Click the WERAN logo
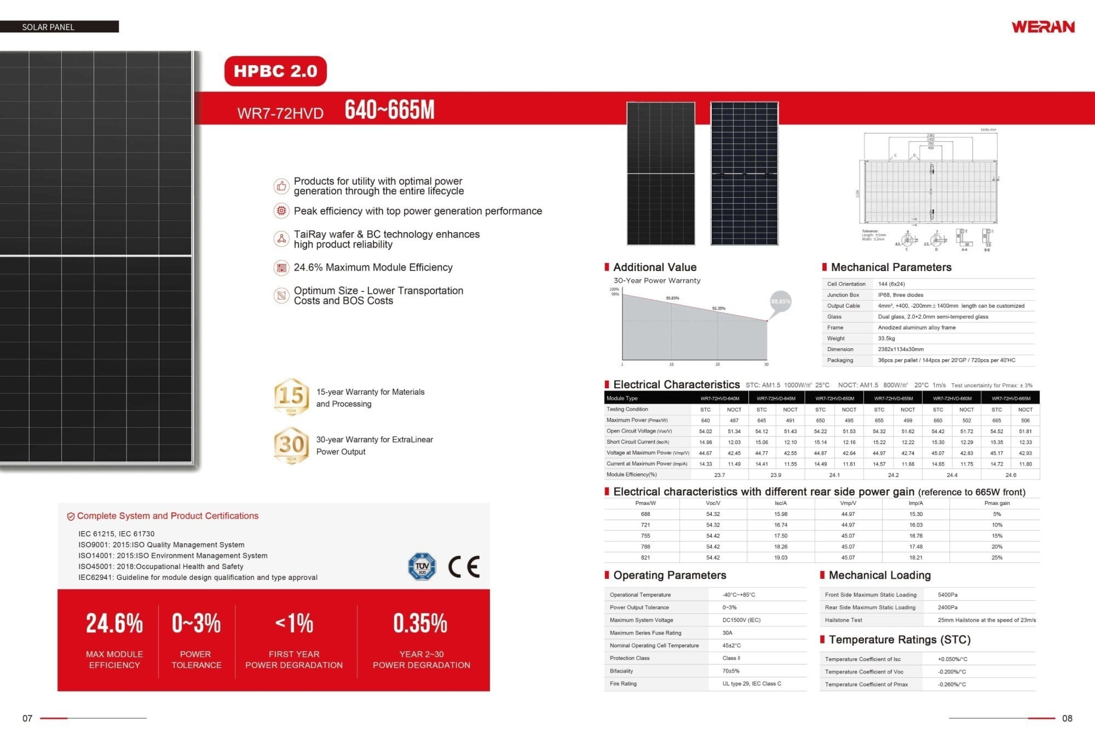[1042, 27]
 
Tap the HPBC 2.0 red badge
[275, 71]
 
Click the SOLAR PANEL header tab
[48, 27]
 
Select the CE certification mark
[464, 567]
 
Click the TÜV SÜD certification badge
[422, 567]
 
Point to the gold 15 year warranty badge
[291, 396]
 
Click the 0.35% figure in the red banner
[420, 624]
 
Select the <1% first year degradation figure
[294, 624]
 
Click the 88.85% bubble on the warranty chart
[780, 302]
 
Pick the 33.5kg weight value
[886, 338]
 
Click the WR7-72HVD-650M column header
[834, 399]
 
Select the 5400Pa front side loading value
[947, 595]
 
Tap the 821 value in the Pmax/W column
[646, 557]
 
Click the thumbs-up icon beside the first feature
[281, 186]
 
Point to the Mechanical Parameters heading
[891, 267]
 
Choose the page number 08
[1067, 718]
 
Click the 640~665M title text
[389, 110]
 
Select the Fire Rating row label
[623, 683]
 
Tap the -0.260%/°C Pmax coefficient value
[952, 684]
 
